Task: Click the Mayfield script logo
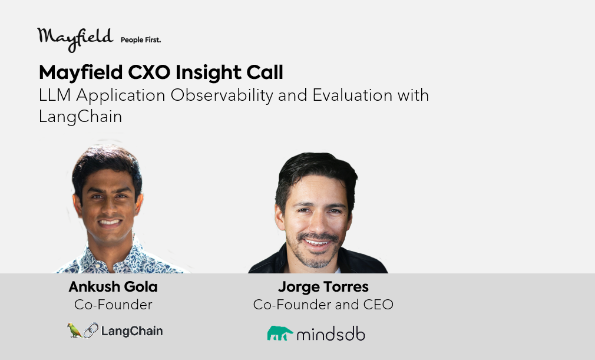click(75, 39)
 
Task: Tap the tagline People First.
click(141, 40)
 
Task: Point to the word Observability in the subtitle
click(222, 95)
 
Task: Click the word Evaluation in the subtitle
click(352, 95)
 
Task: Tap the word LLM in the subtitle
click(55, 95)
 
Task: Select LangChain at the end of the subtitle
click(81, 117)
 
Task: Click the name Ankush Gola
click(113, 287)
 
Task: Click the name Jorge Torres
click(323, 287)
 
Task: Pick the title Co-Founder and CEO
click(323, 305)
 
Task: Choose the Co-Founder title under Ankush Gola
click(113, 305)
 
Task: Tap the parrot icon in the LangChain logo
click(74, 330)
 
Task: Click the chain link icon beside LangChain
click(91, 331)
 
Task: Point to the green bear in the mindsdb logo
click(280, 333)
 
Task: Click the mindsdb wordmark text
click(330, 334)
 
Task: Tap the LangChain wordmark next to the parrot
click(132, 331)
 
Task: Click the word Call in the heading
click(265, 72)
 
